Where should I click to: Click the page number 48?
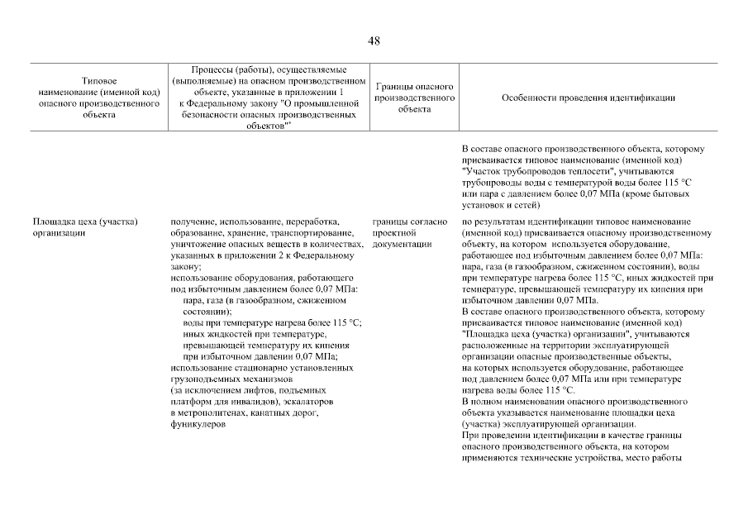(x=374, y=41)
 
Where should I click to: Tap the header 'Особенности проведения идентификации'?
(x=588, y=98)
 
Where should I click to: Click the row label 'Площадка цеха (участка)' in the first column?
(x=84, y=222)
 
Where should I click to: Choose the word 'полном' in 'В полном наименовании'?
(x=487, y=401)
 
